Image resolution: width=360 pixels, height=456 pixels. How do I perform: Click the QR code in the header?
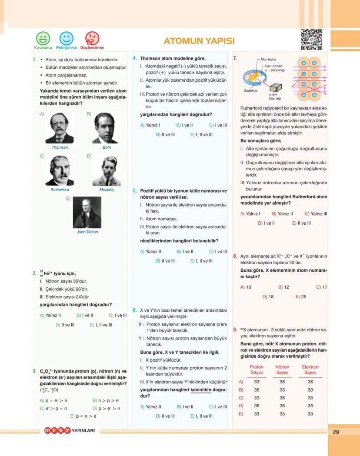(x=311, y=39)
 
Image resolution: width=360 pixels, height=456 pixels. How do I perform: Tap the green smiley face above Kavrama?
(x=43, y=38)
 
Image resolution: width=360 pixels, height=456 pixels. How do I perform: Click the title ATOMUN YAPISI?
(x=199, y=41)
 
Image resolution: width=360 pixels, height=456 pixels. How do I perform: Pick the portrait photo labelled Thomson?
(x=60, y=128)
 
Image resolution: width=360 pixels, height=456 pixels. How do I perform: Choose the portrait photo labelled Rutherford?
(x=60, y=170)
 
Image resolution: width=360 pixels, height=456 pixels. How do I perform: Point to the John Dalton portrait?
(x=87, y=212)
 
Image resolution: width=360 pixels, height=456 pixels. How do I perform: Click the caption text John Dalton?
(x=87, y=232)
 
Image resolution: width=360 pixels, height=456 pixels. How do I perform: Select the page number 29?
(x=336, y=432)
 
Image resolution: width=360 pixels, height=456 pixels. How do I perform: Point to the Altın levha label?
(x=268, y=59)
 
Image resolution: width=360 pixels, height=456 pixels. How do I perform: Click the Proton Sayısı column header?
(x=257, y=369)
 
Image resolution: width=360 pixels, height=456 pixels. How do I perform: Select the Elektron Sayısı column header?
(x=310, y=369)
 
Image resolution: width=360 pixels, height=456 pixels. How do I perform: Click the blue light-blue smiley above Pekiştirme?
(x=67, y=38)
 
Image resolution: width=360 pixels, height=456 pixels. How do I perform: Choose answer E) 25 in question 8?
(x=301, y=296)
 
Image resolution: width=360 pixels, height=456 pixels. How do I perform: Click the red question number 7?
(x=235, y=58)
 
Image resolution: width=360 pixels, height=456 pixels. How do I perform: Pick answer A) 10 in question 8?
(x=246, y=287)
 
